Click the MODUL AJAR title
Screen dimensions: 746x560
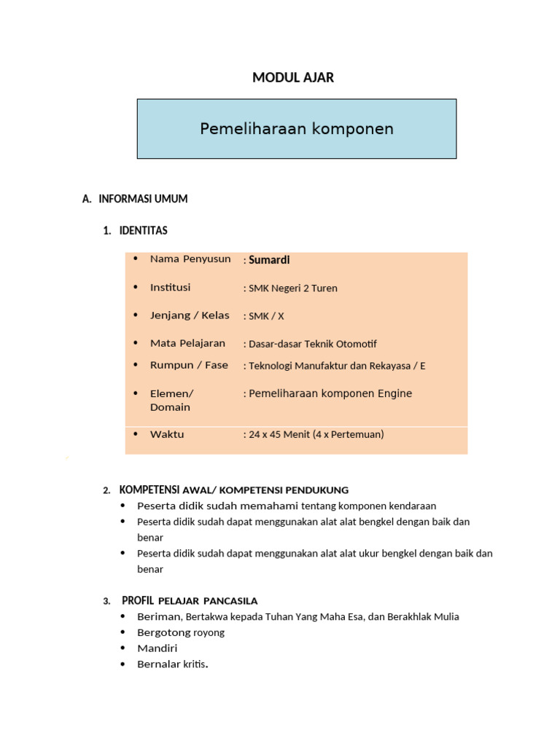tap(293, 77)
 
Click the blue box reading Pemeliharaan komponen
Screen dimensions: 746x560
tap(297, 129)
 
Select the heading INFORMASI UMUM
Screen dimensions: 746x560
tap(143, 199)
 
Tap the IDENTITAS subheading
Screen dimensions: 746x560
tap(143, 231)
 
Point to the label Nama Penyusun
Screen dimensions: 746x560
tap(190, 259)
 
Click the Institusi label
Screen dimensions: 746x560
tap(170, 288)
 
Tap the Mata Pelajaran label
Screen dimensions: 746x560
tap(187, 343)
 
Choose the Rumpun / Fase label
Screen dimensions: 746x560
tap(189, 365)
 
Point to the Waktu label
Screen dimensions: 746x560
tap(167, 434)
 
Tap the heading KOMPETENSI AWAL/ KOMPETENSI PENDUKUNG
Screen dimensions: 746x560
tap(234, 490)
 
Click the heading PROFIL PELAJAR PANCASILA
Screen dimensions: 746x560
tap(190, 600)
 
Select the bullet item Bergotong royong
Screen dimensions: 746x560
tap(181, 632)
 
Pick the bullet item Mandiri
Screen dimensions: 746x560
tap(157, 648)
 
